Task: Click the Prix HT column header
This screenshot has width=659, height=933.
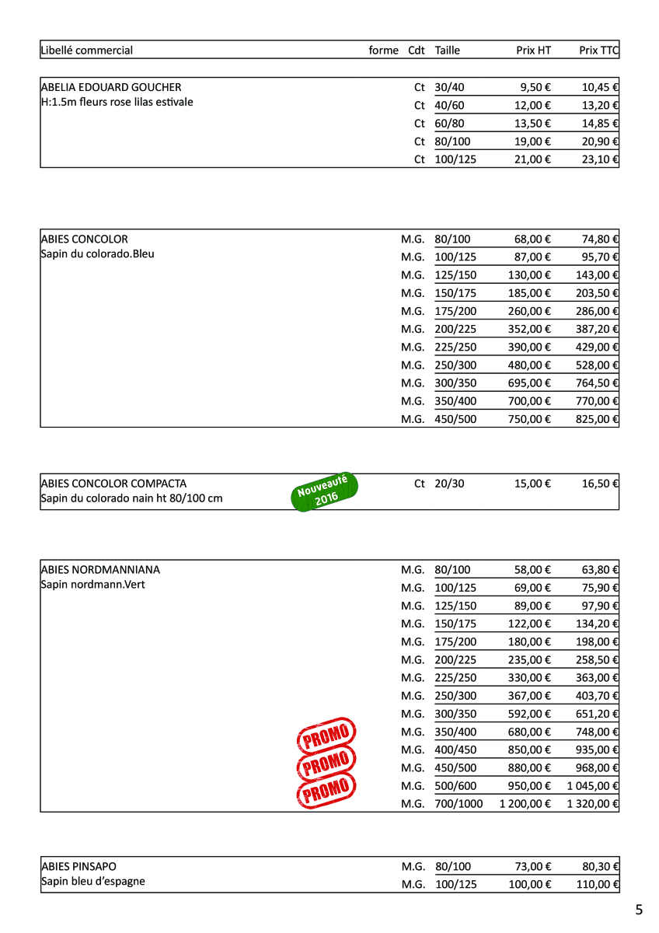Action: coord(533,51)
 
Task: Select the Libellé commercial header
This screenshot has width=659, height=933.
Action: coord(86,51)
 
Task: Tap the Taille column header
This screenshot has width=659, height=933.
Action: coord(448,51)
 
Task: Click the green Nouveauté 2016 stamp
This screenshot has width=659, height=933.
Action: coord(325,492)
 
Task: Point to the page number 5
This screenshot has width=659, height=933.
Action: coord(639,910)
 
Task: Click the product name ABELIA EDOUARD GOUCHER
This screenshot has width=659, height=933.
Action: coord(110,87)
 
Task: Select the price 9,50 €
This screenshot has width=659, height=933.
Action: coord(535,88)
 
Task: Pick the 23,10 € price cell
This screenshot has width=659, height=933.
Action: coord(600,159)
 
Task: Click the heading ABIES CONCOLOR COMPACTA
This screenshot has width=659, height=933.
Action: coord(113,484)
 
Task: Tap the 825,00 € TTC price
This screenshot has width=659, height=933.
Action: coord(600,419)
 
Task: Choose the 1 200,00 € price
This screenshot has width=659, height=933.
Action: coord(525,804)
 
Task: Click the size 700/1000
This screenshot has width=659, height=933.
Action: coord(459,804)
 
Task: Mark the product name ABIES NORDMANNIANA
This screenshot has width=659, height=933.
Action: coord(100,569)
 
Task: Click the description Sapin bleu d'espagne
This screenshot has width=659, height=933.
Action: coord(92,881)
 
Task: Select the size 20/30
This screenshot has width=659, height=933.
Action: coord(449,484)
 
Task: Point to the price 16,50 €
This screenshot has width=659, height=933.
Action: coord(600,484)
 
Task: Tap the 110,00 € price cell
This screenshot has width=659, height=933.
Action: coord(600,884)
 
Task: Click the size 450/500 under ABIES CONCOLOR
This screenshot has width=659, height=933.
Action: coord(455,419)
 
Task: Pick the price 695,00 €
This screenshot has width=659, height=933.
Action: coord(532,383)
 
